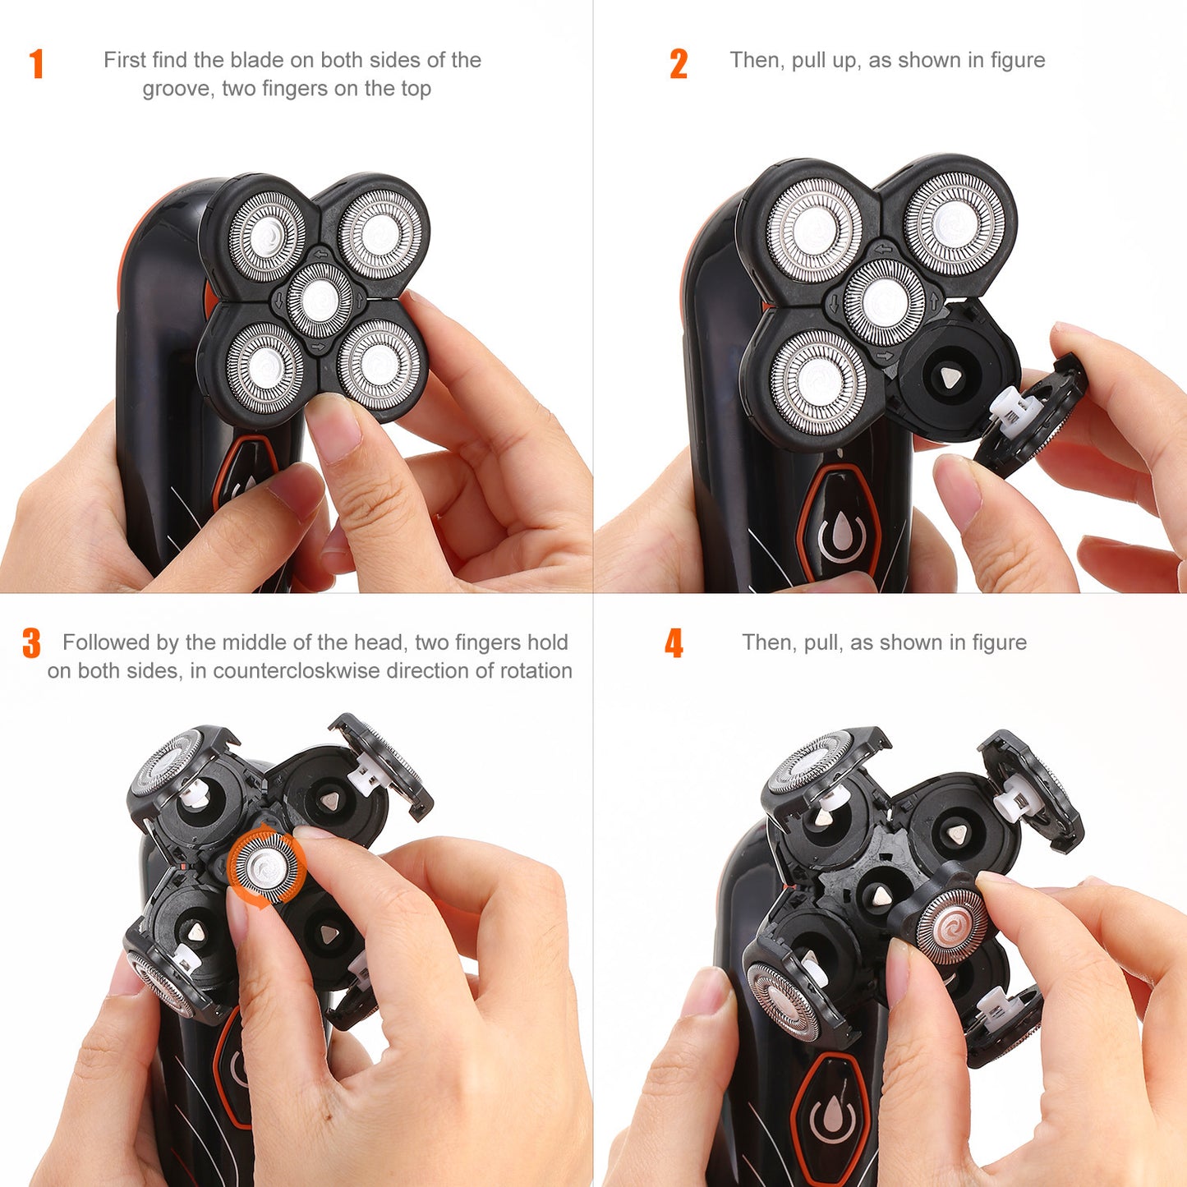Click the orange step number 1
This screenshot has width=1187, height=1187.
point(36,64)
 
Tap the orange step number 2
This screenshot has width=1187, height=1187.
point(679,64)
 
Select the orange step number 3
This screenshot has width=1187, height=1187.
point(31,643)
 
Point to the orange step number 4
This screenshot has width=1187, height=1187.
point(674,643)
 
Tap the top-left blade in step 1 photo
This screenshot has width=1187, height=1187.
point(267,237)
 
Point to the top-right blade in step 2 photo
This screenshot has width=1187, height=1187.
point(955,223)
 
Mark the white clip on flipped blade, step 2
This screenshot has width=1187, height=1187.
point(1012,407)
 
